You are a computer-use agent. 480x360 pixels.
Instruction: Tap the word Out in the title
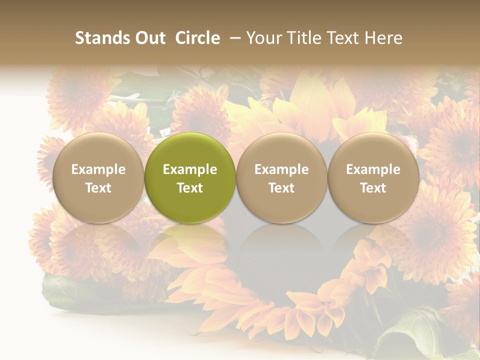coord(148,38)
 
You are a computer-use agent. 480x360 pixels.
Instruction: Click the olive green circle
coord(190,177)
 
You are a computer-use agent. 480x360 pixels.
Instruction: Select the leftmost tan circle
coord(98,177)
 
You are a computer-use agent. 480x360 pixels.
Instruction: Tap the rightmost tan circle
coord(373,177)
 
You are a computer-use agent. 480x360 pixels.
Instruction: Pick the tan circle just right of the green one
coord(281,177)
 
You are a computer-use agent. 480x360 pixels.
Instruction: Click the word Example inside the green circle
coord(190,169)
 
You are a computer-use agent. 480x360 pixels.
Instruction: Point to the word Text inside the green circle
coord(190,188)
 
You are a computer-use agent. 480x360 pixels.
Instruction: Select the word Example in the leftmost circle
coord(98,169)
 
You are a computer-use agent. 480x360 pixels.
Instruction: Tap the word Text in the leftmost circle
coord(98,188)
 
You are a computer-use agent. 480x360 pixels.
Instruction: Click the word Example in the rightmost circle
coord(373,169)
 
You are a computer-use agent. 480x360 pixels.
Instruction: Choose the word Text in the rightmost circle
coord(373,188)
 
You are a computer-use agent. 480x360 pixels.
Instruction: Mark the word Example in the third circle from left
coord(281,169)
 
